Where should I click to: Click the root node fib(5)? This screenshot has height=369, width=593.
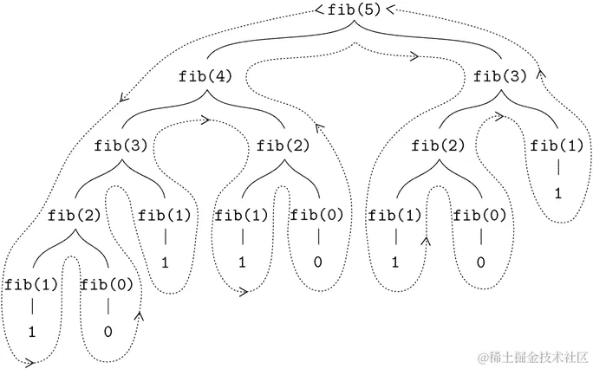point(354,11)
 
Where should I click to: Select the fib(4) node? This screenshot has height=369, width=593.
point(206,76)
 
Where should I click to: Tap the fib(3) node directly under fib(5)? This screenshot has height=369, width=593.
point(500,76)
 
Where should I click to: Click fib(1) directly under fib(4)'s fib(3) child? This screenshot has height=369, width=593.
point(164,214)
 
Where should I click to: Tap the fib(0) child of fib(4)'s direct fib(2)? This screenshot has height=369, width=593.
point(316,214)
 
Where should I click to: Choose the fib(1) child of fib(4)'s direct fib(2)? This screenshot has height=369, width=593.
point(241,214)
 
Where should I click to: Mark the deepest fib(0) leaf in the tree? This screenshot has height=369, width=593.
point(108,283)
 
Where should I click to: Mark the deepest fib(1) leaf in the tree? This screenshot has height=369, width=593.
point(31,283)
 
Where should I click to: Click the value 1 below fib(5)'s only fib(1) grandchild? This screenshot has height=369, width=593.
point(557,193)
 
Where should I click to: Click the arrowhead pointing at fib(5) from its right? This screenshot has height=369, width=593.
point(390,10)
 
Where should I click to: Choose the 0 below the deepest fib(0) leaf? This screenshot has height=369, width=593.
point(108,331)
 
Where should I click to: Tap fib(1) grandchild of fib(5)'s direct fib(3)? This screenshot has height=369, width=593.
point(397,214)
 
